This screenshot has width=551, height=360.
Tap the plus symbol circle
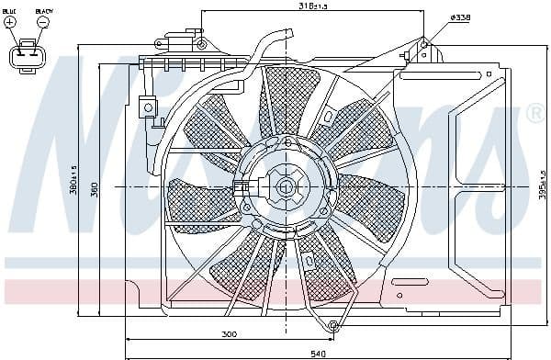[11, 23]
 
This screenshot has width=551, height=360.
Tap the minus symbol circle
[43, 23]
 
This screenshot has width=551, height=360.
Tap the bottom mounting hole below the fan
[333, 326]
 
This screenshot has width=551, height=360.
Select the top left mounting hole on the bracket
[199, 40]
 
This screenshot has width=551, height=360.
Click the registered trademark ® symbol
[535, 114]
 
